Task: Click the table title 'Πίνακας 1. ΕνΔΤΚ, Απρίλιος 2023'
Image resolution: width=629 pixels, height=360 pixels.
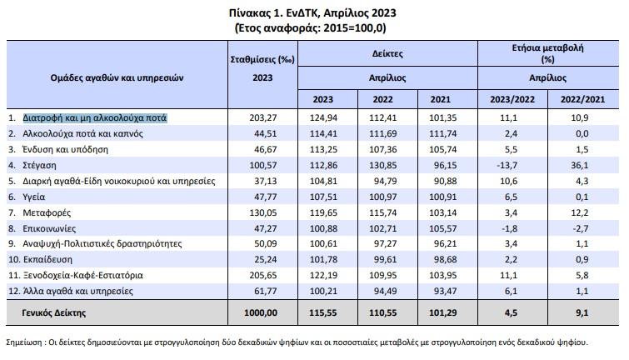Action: (312, 12)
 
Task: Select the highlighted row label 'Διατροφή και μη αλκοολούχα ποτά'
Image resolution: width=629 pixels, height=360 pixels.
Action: (95, 118)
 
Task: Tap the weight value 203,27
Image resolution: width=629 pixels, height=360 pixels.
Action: (262, 118)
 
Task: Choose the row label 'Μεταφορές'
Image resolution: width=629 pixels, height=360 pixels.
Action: (47, 212)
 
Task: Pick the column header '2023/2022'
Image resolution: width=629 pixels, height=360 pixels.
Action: (512, 99)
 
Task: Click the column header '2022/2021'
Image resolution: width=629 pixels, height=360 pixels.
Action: (582, 99)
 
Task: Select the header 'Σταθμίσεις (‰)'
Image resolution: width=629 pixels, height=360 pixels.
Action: (262, 60)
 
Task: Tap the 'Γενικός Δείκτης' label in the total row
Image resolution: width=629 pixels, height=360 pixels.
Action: (54, 312)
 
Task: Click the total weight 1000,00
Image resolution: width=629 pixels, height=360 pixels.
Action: (261, 312)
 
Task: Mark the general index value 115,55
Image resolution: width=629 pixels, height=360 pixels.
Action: (323, 312)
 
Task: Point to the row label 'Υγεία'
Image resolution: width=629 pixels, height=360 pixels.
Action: (33, 197)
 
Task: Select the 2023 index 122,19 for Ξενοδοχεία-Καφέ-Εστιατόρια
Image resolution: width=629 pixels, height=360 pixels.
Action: (323, 275)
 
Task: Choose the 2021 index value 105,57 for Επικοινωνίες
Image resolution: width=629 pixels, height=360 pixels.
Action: (443, 228)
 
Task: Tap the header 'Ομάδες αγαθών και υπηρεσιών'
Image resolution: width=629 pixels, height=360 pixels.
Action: (117, 77)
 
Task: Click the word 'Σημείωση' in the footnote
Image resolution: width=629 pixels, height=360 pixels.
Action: (23, 342)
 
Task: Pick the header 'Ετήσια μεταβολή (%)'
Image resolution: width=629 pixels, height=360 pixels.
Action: (547, 53)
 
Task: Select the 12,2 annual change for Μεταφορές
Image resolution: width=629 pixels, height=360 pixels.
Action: (580, 212)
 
